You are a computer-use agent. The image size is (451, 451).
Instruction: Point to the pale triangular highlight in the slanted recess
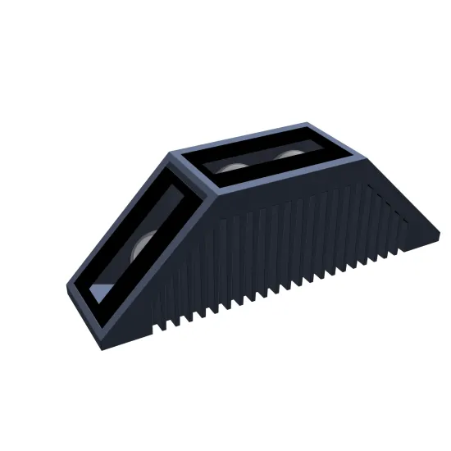pos(102,291)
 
